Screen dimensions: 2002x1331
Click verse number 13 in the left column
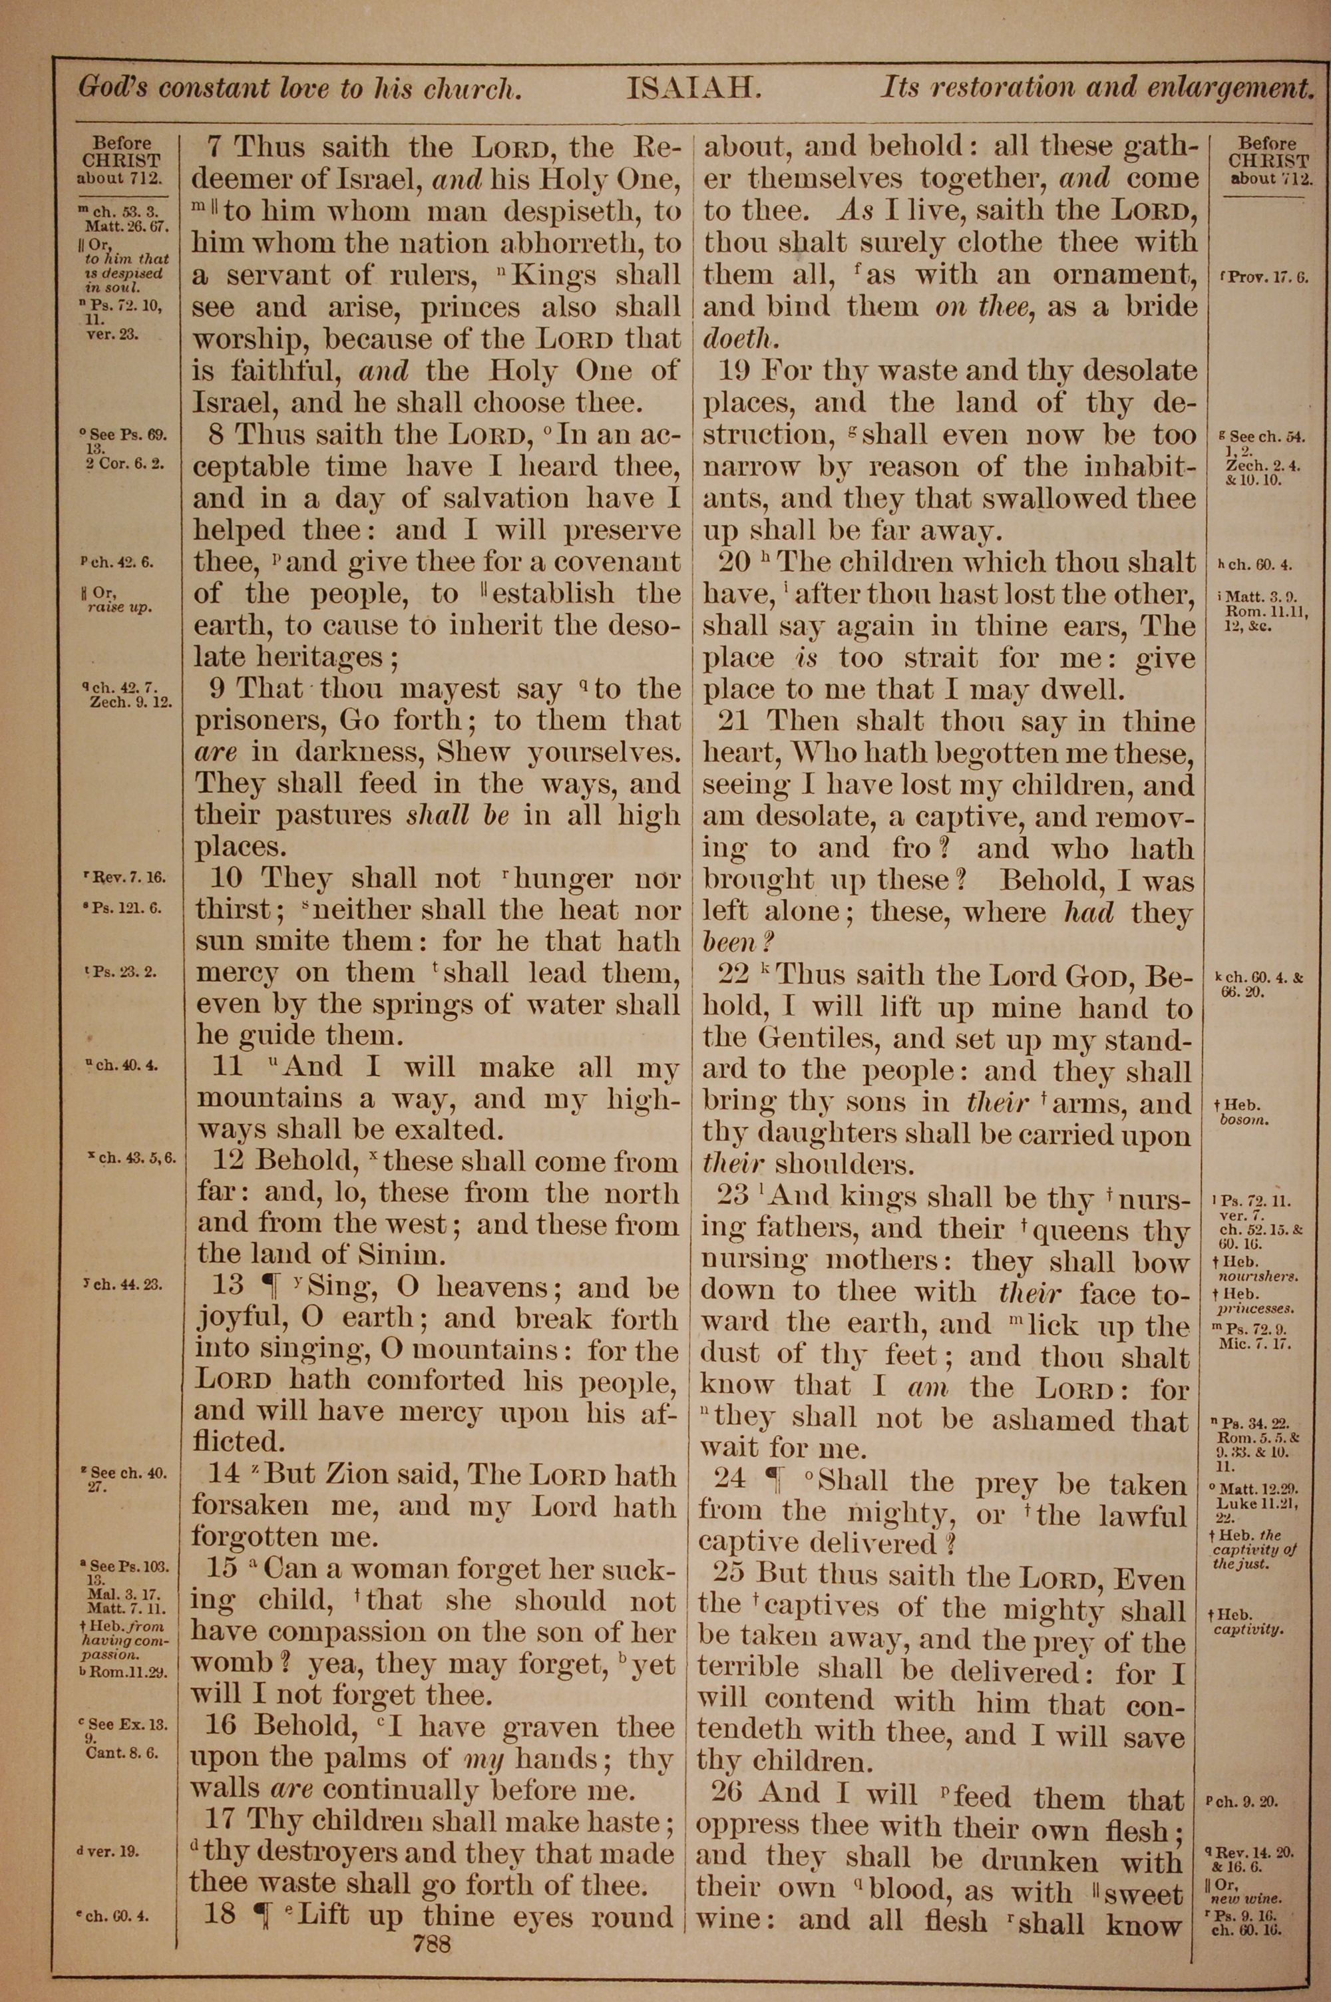[x=228, y=1287]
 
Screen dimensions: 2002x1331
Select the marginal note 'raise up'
[x=119, y=608]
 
